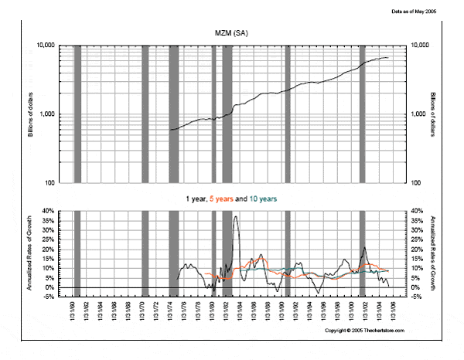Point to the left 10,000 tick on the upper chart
[x=49, y=46]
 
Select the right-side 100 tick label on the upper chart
[x=416, y=182]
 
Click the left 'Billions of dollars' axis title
[x=31, y=114]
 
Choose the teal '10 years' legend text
[x=262, y=199]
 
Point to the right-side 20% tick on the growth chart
[x=415, y=249]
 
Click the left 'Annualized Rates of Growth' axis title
[x=31, y=253]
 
